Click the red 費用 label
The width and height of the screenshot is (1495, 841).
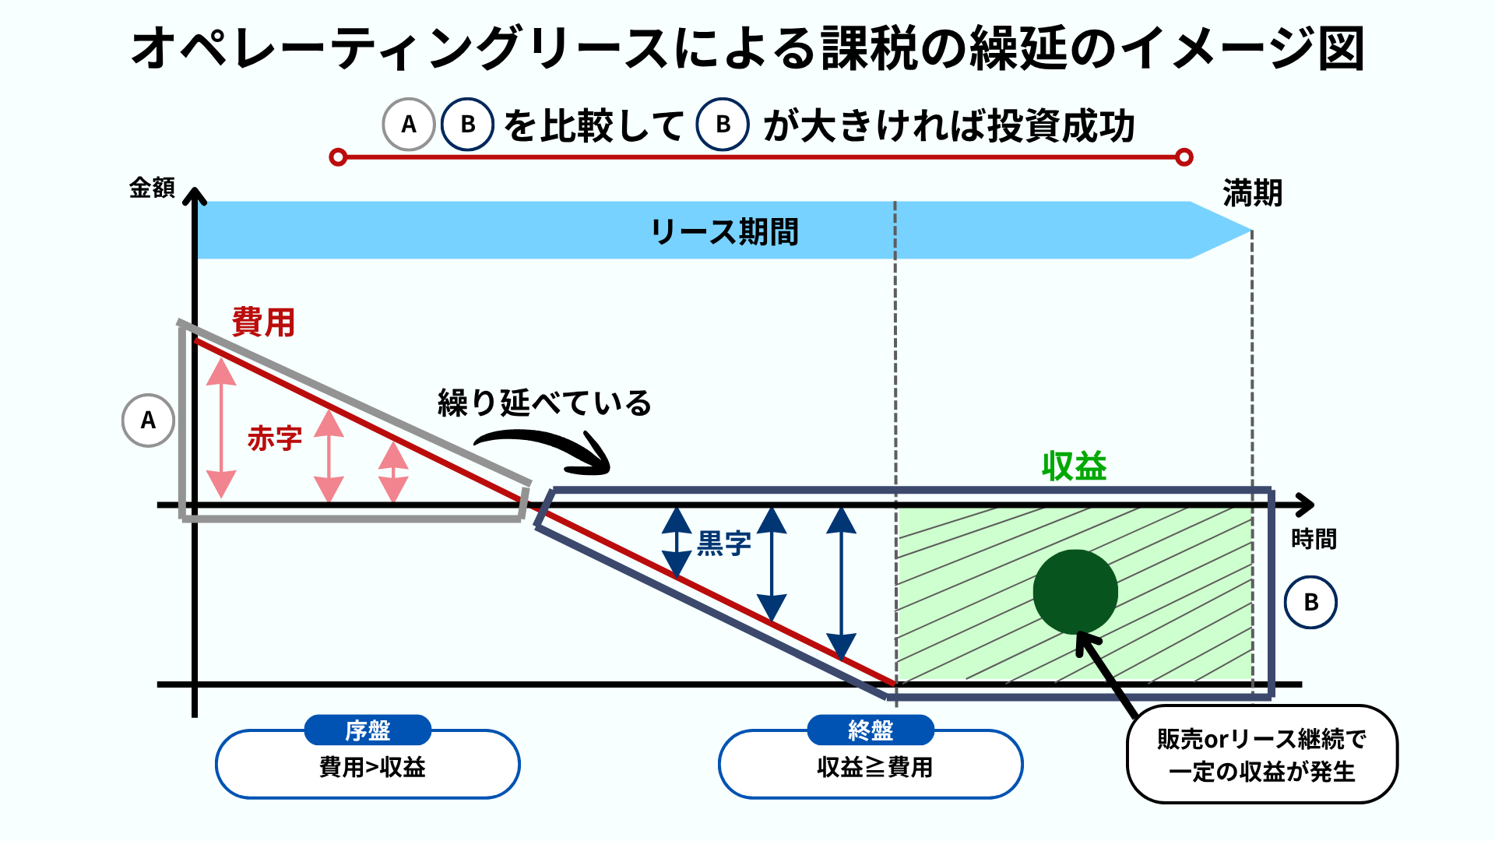click(x=263, y=322)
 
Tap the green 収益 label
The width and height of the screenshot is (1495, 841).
click(x=1074, y=466)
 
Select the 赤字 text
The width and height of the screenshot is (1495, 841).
click(x=274, y=438)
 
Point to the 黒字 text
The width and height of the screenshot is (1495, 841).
click(x=723, y=543)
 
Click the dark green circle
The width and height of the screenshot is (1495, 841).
click(x=1075, y=592)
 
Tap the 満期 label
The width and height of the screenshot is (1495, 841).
click(x=1252, y=192)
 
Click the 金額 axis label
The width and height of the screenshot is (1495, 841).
click(x=152, y=188)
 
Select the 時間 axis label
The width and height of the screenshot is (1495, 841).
click(x=1314, y=539)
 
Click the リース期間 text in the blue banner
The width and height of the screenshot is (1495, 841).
click(x=724, y=231)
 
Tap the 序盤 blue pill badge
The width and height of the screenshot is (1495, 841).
click(x=368, y=730)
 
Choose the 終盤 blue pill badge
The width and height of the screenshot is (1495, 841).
click(x=871, y=730)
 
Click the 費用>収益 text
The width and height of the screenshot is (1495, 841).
click(x=372, y=768)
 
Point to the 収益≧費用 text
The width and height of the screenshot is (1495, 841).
click(x=874, y=768)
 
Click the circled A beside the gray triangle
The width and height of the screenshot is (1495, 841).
click(x=148, y=420)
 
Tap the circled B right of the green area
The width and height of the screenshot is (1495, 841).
click(x=1310, y=602)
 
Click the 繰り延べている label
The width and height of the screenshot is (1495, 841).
click(x=544, y=403)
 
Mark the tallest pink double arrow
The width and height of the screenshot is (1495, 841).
click(x=222, y=428)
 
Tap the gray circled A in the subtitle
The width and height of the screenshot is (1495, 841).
click(x=409, y=125)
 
